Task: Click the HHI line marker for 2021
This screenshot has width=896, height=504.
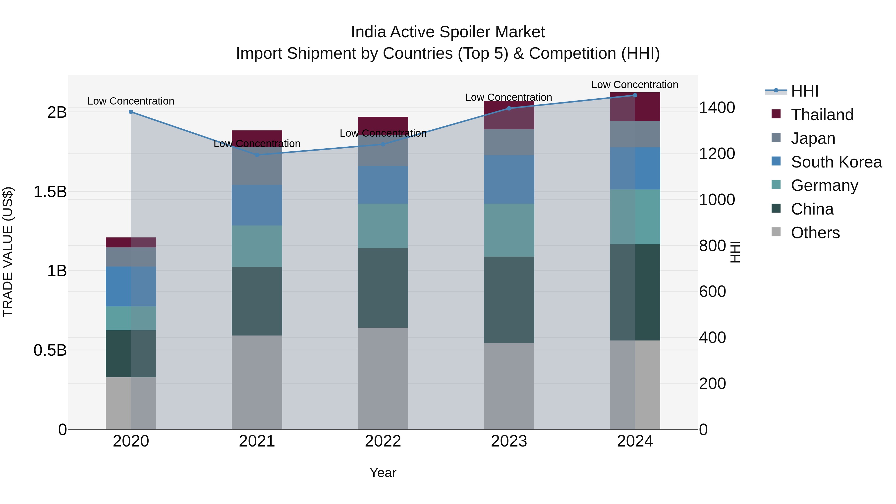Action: [257, 155]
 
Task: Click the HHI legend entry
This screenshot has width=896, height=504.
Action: [804, 91]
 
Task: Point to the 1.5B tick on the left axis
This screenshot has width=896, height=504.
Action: [50, 192]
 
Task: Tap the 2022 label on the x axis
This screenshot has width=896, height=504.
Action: [383, 441]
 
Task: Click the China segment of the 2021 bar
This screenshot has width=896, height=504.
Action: [257, 301]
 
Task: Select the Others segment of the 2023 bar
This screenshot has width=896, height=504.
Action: [509, 386]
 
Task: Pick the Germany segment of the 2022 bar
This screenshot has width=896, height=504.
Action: [383, 226]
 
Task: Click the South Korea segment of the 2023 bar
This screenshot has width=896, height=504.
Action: [509, 179]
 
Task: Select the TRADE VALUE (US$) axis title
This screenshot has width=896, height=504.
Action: [8, 252]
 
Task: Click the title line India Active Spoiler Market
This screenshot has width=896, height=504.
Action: [448, 32]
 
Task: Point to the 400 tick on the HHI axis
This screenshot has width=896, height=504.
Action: [712, 337]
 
